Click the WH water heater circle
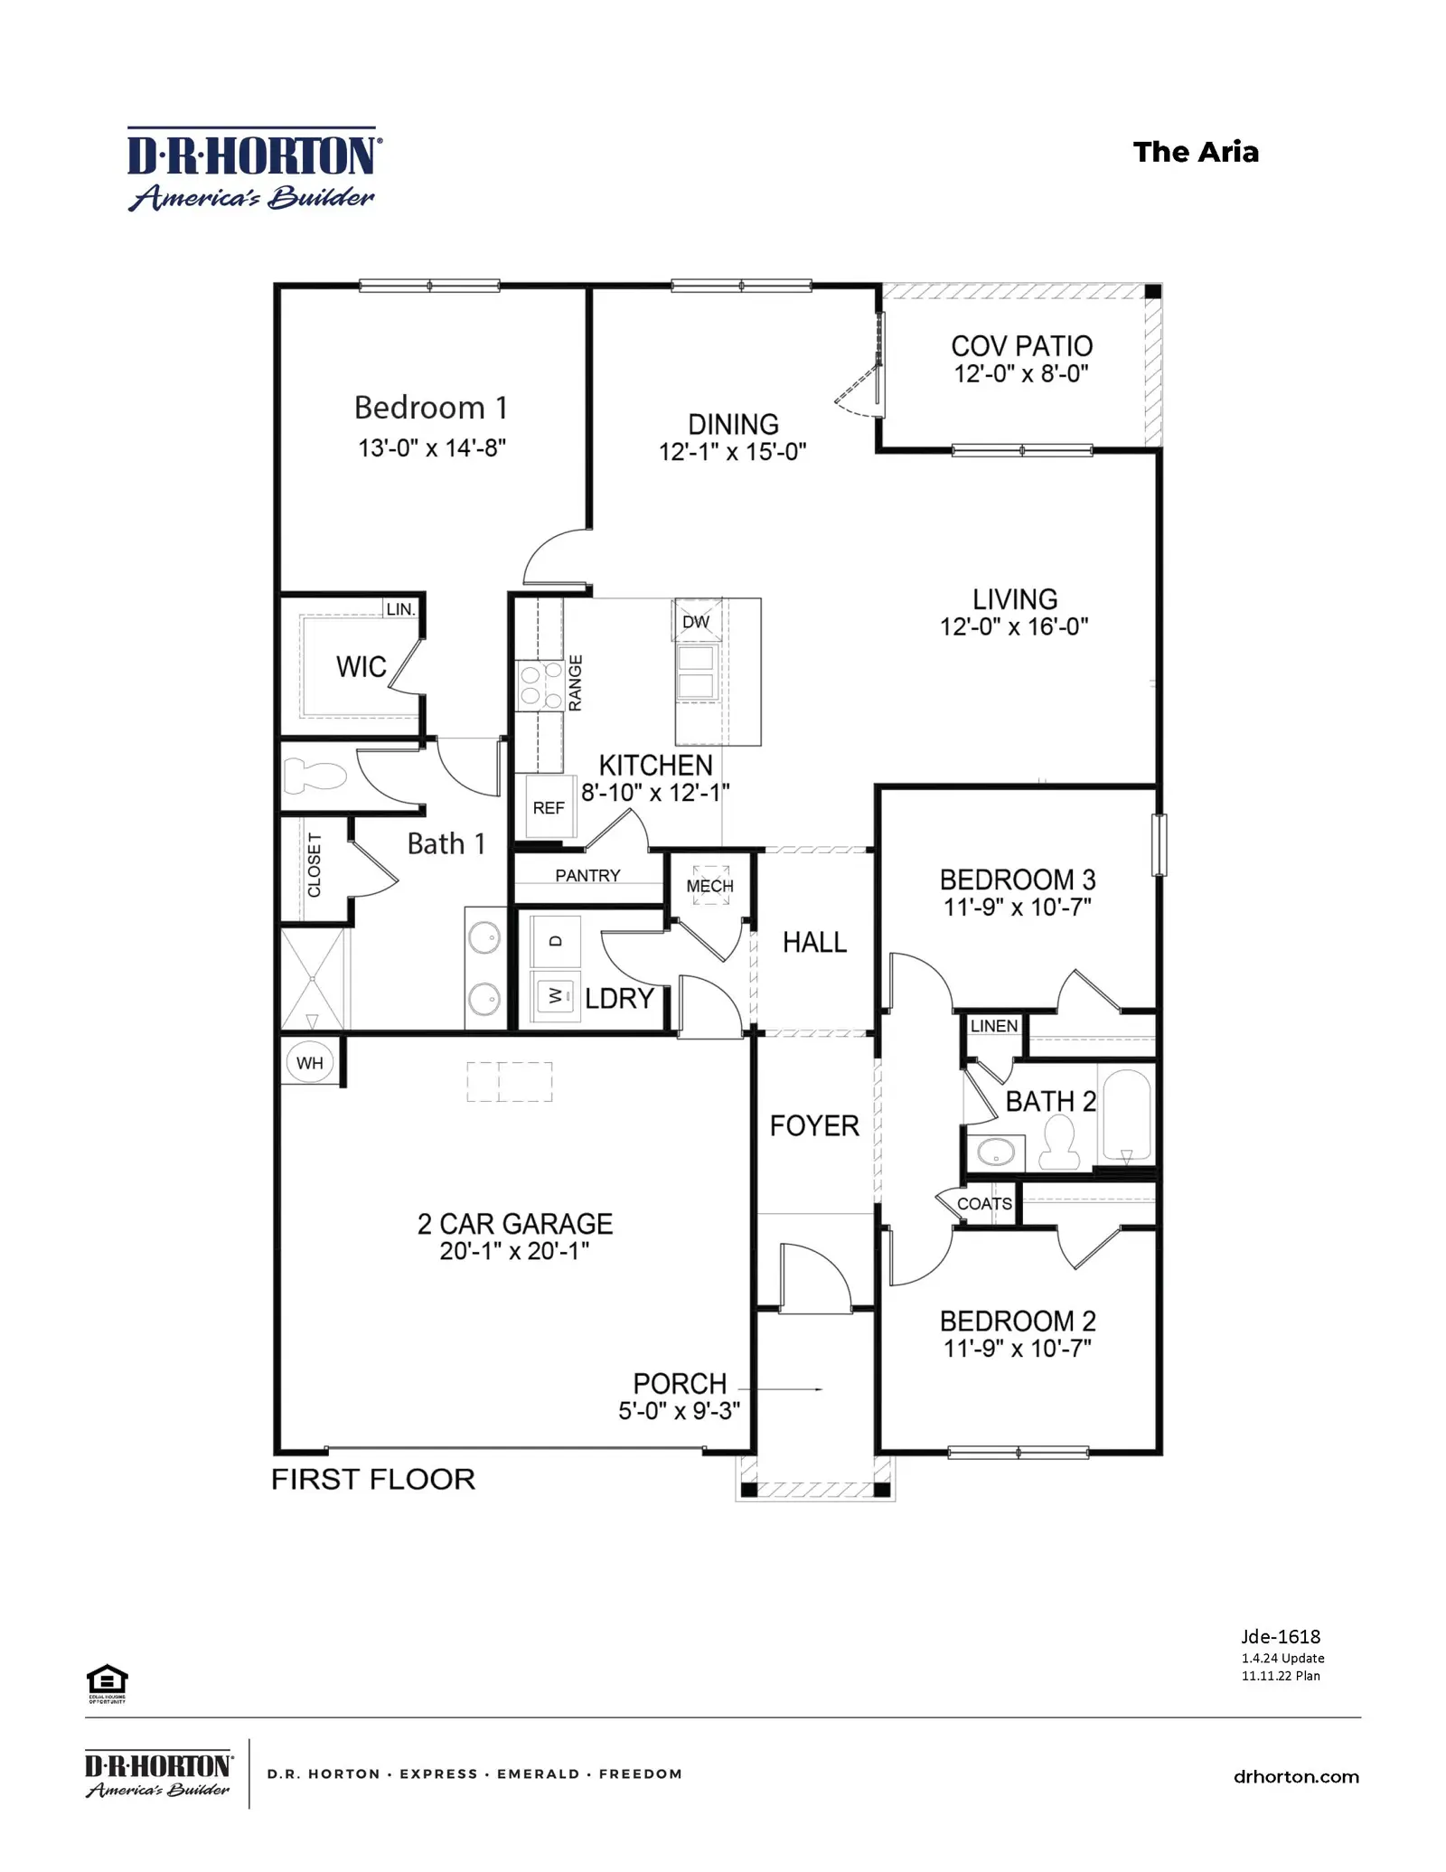click(309, 1063)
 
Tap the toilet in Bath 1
click(315, 776)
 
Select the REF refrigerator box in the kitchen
click(549, 807)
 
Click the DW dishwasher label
click(696, 622)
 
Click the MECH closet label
click(709, 886)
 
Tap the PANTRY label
click(587, 875)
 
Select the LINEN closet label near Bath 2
click(994, 1026)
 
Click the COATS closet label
click(984, 1204)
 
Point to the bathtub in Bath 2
click(1126, 1115)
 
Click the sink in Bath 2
click(997, 1152)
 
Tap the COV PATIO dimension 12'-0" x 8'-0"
click(1021, 373)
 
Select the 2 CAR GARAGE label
click(515, 1224)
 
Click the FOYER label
click(814, 1125)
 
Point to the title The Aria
click(1196, 152)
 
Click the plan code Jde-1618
click(1281, 1636)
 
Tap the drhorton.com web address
click(1296, 1776)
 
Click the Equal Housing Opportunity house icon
click(107, 1679)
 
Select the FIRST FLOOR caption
click(373, 1479)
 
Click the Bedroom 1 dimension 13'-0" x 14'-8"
click(432, 448)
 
